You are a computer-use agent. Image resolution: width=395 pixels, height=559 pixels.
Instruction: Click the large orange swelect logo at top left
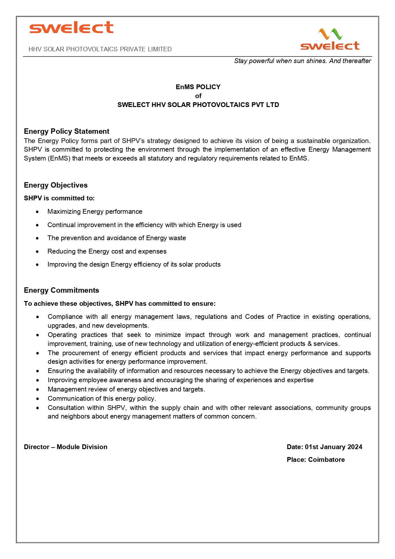[x=71, y=28]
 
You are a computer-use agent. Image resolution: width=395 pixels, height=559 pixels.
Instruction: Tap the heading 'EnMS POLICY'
[x=198, y=87]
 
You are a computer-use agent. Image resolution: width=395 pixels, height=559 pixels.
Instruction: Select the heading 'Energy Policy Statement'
[x=67, y=131]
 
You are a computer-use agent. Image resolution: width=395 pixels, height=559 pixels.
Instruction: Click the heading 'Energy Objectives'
[x=56, y=185]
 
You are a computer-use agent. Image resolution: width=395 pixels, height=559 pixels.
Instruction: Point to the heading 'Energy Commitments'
[x=61, y=290]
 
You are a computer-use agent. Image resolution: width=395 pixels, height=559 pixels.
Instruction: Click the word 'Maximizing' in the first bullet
[x=64, y=211]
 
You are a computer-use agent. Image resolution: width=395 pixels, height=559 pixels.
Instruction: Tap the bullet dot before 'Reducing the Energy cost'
[x=38, y=252]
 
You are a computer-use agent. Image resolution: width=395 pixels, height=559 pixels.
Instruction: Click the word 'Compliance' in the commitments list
[x=65, y=317]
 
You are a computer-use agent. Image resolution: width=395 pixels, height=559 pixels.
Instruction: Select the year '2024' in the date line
[x=355, y=447]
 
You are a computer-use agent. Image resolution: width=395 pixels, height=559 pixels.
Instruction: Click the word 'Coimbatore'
[x=326, y=460]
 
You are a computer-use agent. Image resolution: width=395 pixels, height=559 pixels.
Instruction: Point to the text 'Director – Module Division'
[x=66, y=447]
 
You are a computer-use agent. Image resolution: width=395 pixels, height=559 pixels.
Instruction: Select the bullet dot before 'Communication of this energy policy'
[x=38, y=399]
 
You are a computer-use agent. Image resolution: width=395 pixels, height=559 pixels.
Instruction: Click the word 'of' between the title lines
[x=198, y=96]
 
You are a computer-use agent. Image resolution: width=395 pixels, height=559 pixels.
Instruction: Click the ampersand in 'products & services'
[x=309, y=344]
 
